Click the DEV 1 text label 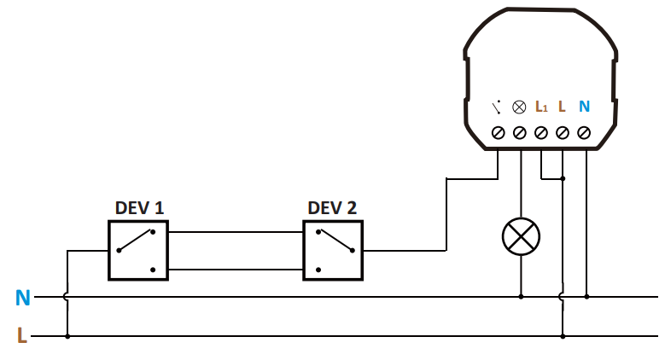coord(139,208)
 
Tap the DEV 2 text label coord(332,208)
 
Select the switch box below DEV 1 coord(138,250)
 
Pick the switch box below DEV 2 coord(333,250)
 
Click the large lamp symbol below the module coord(521,237)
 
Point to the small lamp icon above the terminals coord(519,107)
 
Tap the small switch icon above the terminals coord(497,107)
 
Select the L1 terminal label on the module coord(541,107)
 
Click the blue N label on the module coord(585,107)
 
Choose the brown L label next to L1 coord(562,107)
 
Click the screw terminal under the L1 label coord(541,133)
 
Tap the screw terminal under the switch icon coord(498,133)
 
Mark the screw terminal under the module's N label coord(585,133)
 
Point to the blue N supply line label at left coord(23,298)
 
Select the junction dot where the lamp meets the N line coord(521,297)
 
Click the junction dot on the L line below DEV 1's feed coord(67,335)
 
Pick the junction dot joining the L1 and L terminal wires coord(563,179)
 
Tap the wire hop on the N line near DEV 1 coord(67,297)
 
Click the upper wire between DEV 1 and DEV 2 coord(236,231)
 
